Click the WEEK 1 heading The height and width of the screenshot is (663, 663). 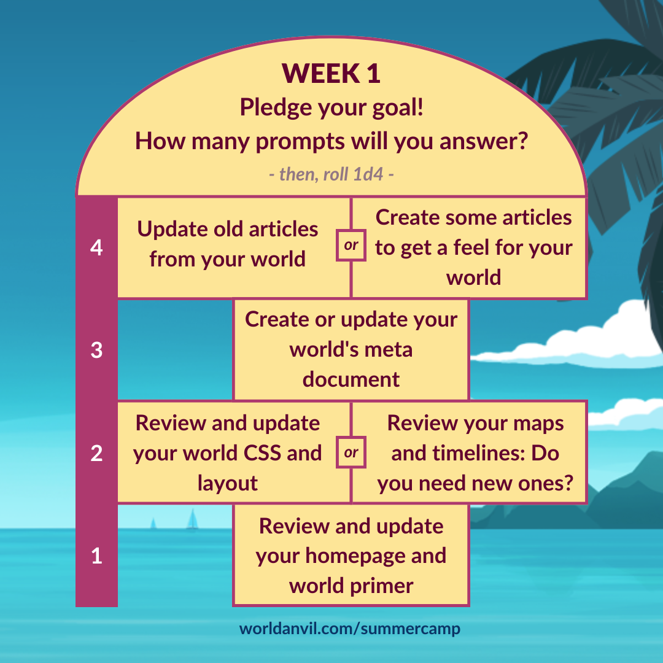pos(331,73)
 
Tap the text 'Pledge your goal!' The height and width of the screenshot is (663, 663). pos(331,107)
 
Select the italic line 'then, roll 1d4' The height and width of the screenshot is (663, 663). pos(331,174)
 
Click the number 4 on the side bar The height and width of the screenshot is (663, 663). pos(96,247)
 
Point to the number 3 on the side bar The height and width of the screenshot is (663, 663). pos(96,350)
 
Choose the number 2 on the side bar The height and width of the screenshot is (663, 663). pos(96,453)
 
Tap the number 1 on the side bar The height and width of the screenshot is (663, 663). pos(96,556)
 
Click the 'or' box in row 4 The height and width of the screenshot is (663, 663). pos(351,245)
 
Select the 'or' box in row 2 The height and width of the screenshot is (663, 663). pos(351,452)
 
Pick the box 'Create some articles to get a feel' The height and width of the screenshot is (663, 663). pos(470,247)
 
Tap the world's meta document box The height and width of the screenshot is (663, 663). pos(351,350)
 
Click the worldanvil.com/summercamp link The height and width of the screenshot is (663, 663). pos(350,629)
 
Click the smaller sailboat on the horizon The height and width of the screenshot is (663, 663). pos(153,524)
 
